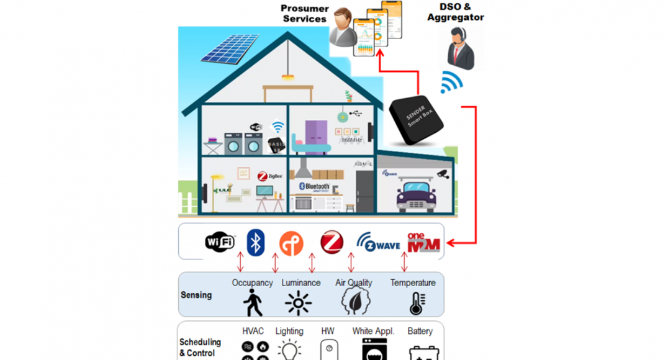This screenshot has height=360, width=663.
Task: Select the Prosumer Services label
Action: (x=304, y=14)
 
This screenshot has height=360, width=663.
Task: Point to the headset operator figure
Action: (x=460, y=49)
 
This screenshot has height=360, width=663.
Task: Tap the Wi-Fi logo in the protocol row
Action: (x=220, y=241)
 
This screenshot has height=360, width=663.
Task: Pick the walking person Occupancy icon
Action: (x=252, y=303)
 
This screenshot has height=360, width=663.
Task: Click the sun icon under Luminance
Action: (x=298, y=304)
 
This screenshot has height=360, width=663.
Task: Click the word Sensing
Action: (x=196, y=295)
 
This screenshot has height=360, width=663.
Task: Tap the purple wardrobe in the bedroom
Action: (x=315, y=130)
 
